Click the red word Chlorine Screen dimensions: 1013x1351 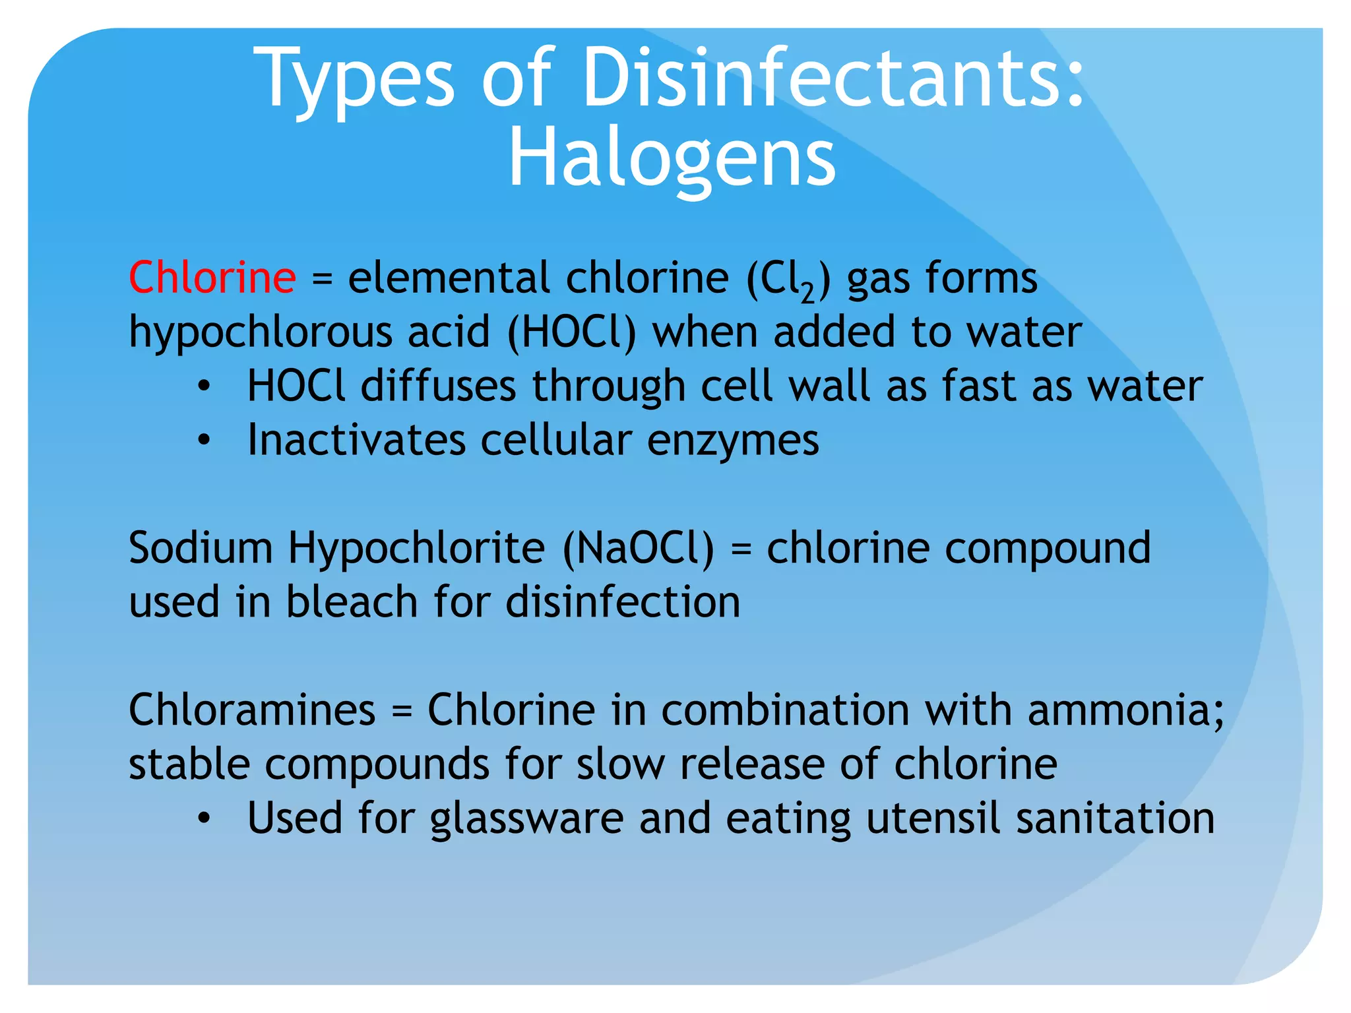pyautogui.click(x=212, y=277)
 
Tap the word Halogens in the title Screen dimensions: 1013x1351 pyautogui.click(x=672, y=159)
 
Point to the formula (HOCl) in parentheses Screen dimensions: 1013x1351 pyautogui.click(x=571, y=332)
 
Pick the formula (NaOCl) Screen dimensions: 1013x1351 pyautogui.click(x=638, y=548)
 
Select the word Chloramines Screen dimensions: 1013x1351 pyautogui.click(x=252, y=710)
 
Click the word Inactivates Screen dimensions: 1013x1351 pyautogui.click(x=356, y=440)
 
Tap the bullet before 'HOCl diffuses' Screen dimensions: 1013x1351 pyautogui.click(x=204, y=386)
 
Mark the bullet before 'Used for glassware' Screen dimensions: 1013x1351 pyautogui.click(x=204, y=818)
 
